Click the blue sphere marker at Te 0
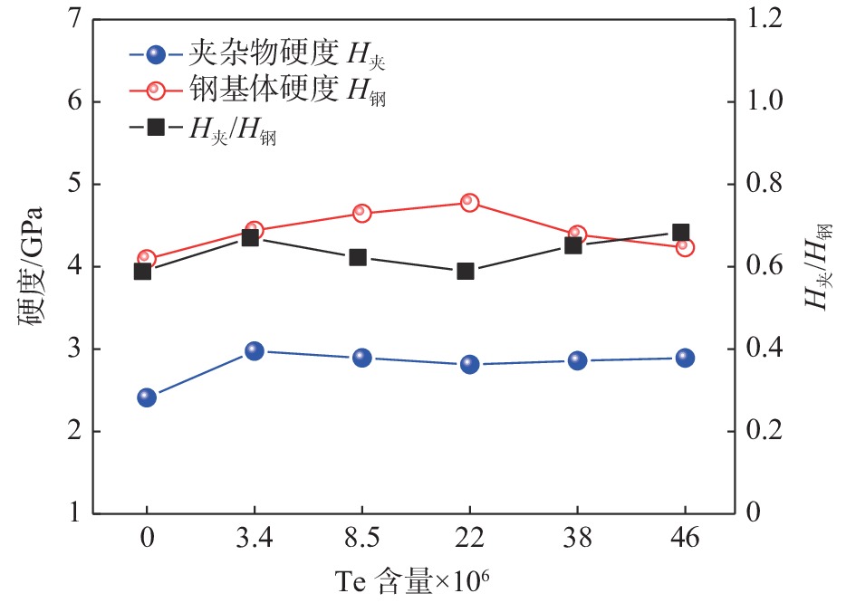click(147, 397)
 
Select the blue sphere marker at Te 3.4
click(254, 351)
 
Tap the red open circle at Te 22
click(469, 203)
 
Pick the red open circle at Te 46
click(685, 247)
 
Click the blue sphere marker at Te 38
click(577, 361)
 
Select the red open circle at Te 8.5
click(362, 213)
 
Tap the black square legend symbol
click(155, 128)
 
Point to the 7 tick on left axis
click(76, 19)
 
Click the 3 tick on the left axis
click(76, 349)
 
